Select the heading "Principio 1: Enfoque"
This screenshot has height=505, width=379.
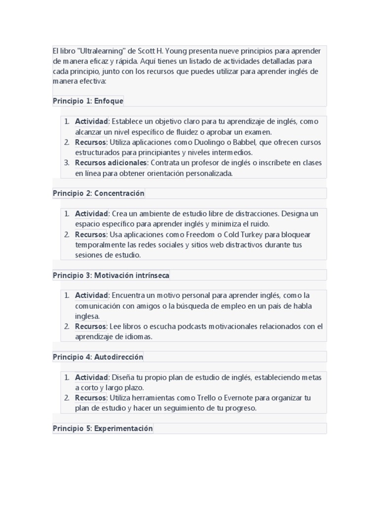pyautogui.click(x=88, y=101)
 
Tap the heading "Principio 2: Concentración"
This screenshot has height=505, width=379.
pyautogui.click(x=98, y=193)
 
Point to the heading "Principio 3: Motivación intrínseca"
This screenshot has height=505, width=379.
pyautogui.click(x=111, y=275)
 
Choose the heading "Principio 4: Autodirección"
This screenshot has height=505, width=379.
pyautogui.click(x=98, y=357)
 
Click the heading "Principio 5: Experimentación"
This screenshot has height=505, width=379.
pyautogui.click(x=103, y=429)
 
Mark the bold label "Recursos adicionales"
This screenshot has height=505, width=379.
pyautogui.click(x=111, y=163)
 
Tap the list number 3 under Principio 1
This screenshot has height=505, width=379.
pyautogui.click(x=67, y=163)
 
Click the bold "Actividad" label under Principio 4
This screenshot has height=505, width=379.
pyautogui.click(x=91, y=377)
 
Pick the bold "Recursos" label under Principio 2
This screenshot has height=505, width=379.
pyautogui.click(x=90, y=234)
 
